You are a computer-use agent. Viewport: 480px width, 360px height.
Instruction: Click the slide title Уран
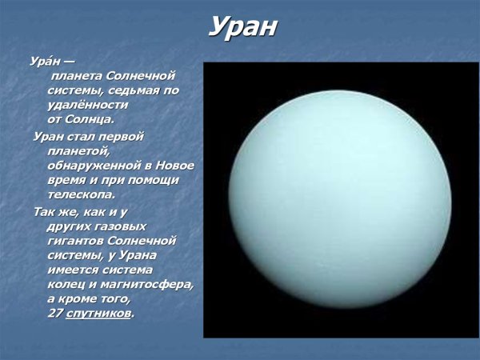(242, 27)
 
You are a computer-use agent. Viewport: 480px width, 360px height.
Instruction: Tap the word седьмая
(137, 90)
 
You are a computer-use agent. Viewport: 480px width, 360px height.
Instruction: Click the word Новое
(175, 164)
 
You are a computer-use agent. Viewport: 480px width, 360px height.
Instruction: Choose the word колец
(66, 284)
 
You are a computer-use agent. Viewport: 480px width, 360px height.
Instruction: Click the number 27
(54, 314)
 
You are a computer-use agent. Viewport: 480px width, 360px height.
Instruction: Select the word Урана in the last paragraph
(137, 254)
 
